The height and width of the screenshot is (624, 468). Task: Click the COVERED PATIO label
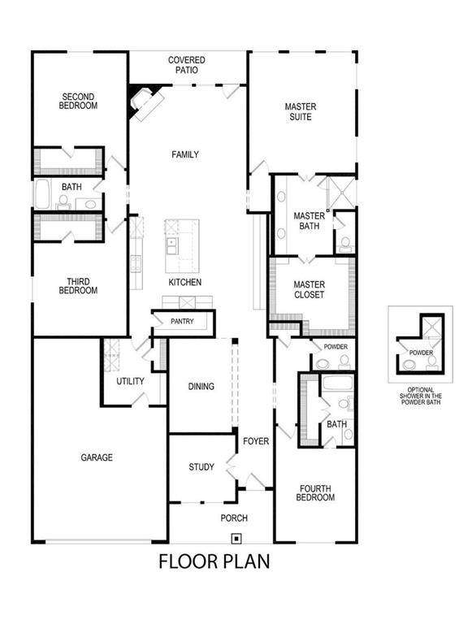click(x=187, y=65)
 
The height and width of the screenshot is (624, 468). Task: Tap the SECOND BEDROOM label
click(x=80, y=102)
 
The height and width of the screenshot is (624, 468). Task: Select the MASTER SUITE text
click(x=300, y=112)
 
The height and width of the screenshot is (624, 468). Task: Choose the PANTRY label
click(x=183, y=322)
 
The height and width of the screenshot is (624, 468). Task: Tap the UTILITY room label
click(x=130, y=381)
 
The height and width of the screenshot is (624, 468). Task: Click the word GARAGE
click(x=97, y=457)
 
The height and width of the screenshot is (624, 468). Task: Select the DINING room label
click(x=201, y=387)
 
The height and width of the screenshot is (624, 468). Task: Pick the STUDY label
click(x=201, y=467)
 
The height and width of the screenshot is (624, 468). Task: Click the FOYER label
click(x=255, y=441)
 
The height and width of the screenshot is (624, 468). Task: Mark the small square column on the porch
click(x=236, y=537)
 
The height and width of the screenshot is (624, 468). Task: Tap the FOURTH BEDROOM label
click(x=314, y=493)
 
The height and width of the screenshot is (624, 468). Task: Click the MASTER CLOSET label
click(x=309, y=290)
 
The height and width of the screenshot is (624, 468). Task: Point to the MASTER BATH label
click(x=309, y=221)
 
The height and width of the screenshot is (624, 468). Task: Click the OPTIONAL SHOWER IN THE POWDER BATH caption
click(x=421, y=396)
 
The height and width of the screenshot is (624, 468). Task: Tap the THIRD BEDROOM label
click(x=79, y=286)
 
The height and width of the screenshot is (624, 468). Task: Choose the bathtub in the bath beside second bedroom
click(x=43, y=196)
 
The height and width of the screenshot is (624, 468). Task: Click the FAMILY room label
click(x=184, y=154)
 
